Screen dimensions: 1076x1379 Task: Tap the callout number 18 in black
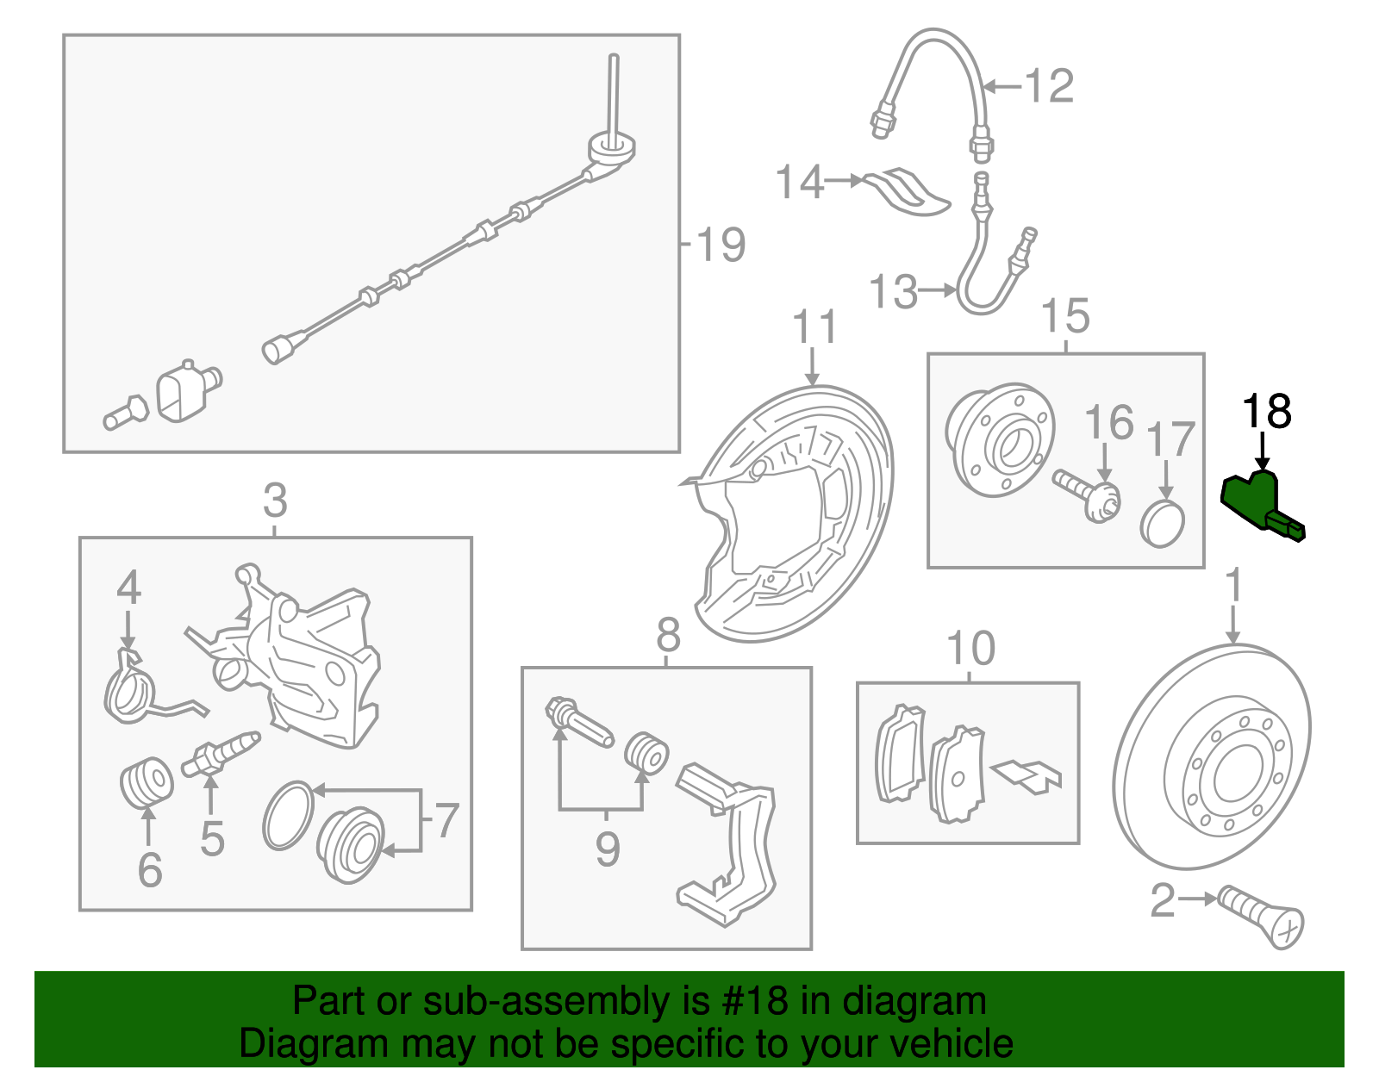point(1266,412)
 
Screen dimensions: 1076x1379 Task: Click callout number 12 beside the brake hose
point(1049,86)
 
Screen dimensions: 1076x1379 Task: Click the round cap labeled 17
point(1163,523)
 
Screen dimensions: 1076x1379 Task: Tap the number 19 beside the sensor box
point(720,245)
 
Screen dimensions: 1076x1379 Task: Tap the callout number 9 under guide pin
point(608,849)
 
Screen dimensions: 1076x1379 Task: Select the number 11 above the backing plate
point(814,327)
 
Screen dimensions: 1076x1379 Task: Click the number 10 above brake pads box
point(970,649)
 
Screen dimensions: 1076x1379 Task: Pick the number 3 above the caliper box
point(275,500)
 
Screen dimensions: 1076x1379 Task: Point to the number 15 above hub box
point(1065,316)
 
